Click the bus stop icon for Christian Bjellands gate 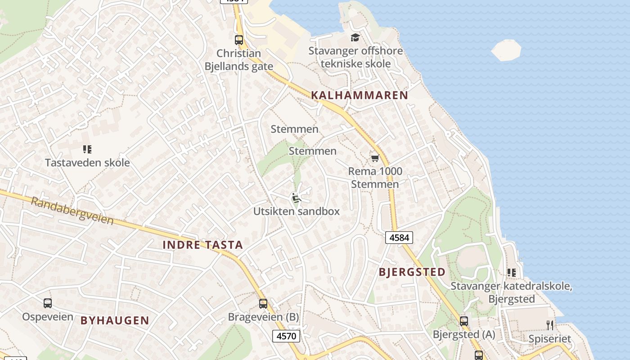pos(239,40)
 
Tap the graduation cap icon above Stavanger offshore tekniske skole pos(355,37)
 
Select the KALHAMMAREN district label pos(359,95)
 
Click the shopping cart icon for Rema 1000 pos(375,158)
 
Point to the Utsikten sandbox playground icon pos(296,198)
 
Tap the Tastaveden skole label pos(87,162)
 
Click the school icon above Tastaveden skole pos(87,149)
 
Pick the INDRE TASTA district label pos(202,245)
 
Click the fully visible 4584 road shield pos(399,238)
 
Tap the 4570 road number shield pos(286,336)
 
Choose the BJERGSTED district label pos(412,272)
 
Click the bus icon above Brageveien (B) pos(263,304)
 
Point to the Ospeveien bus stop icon pos(48,303)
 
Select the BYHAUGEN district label pos(115,320)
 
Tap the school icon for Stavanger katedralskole pos(511,272)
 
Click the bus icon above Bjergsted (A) pos(464,321)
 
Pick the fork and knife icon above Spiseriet pos(550,325)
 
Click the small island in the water pos(506,49)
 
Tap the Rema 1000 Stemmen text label pos(375,178)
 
